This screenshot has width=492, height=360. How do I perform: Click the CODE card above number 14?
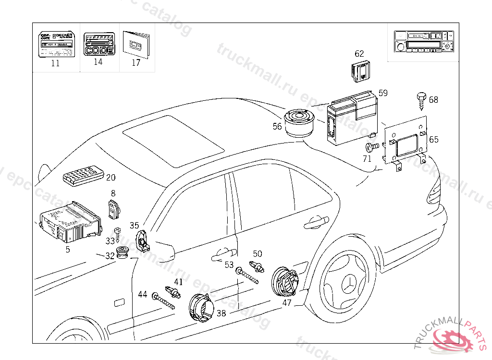coord(98,45)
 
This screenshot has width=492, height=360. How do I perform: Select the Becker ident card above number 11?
coord(56,45)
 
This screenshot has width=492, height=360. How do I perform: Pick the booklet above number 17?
coord(136,45)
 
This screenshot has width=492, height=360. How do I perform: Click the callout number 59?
coord(383,93)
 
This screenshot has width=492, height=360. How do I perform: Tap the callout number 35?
coord(134,225)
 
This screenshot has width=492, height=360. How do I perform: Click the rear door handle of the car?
coord(317,222)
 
